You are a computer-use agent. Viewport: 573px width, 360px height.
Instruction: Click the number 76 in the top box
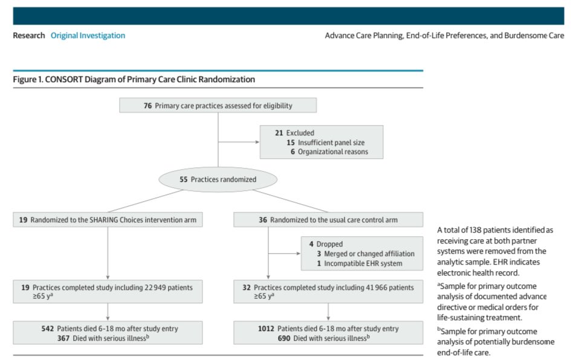pyautogui.click(x=147, y=106)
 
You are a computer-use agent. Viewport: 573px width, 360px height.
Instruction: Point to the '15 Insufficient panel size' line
pyautogui.click(x=326, y=143)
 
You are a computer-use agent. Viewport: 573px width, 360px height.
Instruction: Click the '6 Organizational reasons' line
pyautogui.click(x=330, y=152)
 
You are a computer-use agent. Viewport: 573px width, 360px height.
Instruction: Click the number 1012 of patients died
pyautogui.click(x=265, y=329)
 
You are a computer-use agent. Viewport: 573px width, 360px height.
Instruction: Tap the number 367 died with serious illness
pyautogui.click(x=47, y=338)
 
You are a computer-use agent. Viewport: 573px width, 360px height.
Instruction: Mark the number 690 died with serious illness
pyautogui.click(x=267, y=338)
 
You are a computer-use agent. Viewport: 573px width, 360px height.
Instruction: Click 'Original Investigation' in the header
pyautogui.click(x=88, y=36)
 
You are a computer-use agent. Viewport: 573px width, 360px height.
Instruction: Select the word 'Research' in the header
pyautogui.click(x=29, y=36)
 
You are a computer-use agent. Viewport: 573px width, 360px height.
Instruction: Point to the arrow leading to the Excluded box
pyautogui.click(x=256, y=143)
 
